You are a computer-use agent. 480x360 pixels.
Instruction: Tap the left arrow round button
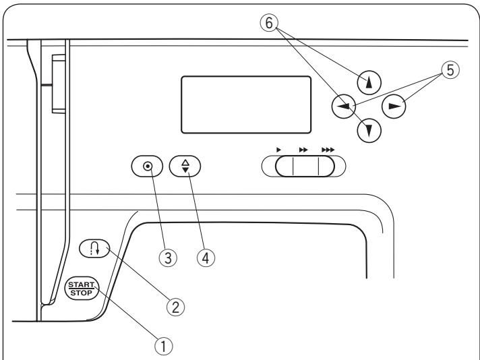coord(344,105)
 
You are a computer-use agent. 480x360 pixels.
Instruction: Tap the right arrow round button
coord(395,106)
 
